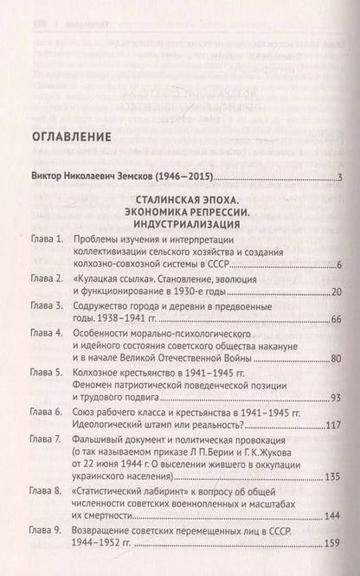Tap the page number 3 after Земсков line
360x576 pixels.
[x=342, y=179]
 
